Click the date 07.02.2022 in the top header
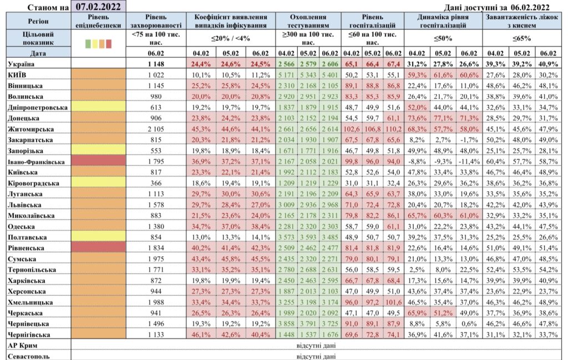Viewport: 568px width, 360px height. tap(98, 7)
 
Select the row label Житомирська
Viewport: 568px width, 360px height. tap(31, 129)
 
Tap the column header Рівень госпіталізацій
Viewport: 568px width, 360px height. tap(372, 21)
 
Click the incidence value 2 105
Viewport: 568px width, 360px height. tap(156, 129)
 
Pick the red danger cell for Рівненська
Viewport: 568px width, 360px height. tap(98, 248)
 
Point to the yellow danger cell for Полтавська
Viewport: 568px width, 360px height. tap(98, 237)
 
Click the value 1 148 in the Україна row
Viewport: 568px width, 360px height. tap(156, 64)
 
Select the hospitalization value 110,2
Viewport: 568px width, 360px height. tap(393, 129)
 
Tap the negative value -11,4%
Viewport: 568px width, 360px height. tap(469, 161)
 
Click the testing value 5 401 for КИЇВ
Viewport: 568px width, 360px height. tap(330, 75)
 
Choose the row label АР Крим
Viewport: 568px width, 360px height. tap(22, 346)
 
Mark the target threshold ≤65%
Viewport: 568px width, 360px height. tap(522, 38)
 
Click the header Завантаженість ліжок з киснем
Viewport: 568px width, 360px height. tap(522, 21)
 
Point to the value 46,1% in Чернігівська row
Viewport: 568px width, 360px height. tap(201, 334)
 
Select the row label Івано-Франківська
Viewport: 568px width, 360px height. tap(36, 161)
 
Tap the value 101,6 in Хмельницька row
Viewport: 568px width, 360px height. tap(393, 302)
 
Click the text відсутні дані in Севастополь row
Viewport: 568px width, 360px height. tap(316, 356)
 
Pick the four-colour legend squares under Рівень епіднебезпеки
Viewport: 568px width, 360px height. tap(98, 44)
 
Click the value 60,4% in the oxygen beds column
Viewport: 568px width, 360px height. tap(495, 161)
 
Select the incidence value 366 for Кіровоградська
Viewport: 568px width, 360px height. tap(156, 183)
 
